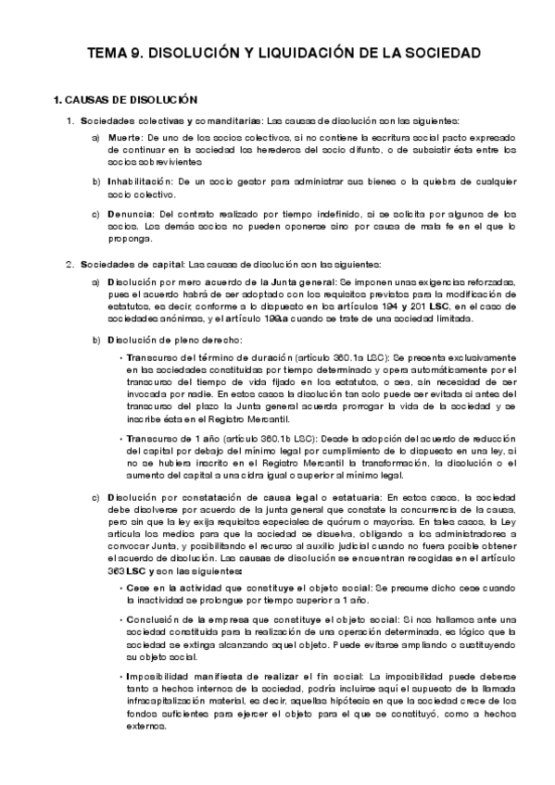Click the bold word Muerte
click(x=127, y=136)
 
